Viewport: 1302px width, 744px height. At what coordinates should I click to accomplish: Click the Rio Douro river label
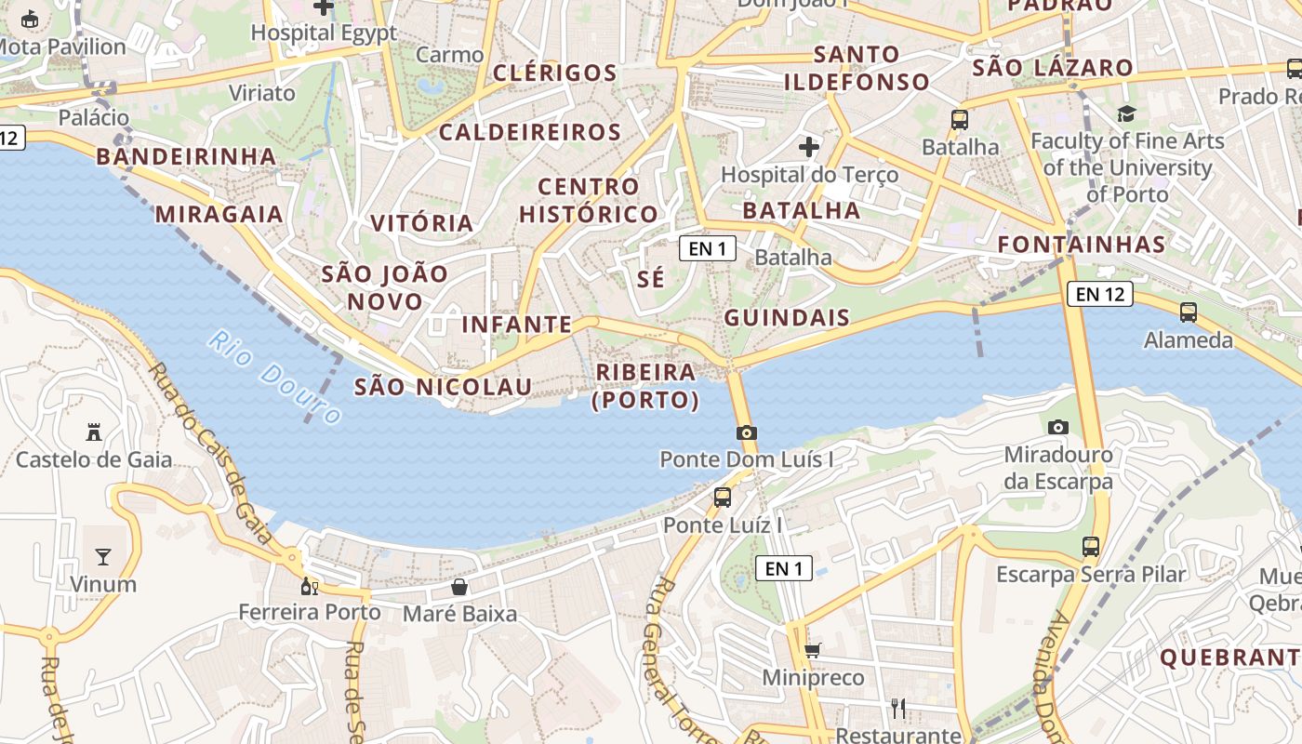(x=275, y=378)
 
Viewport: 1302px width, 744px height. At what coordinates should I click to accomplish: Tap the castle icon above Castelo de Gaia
(x=94, y=432)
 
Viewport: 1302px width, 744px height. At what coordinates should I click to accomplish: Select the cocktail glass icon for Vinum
(x=103, y=557)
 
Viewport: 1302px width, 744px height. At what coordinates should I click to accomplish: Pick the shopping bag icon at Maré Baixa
(x=459, y=587)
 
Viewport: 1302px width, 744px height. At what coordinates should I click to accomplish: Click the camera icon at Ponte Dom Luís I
(x=746, y=432)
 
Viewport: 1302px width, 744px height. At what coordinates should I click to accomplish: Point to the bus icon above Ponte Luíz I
(x=723, y=498)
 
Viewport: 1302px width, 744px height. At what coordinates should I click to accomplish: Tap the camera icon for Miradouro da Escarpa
(x=1058, y=428)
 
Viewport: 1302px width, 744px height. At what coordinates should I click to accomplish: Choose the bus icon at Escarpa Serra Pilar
(x=1091, y=547)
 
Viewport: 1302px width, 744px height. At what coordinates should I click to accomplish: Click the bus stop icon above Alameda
(x=1189, y=312)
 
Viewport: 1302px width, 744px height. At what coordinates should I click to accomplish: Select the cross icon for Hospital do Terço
(x=809, y=147)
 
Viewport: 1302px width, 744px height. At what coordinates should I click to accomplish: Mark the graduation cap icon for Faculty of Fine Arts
(x=1127, y=114)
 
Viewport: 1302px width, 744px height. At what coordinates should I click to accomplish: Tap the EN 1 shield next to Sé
(x=708, y=248)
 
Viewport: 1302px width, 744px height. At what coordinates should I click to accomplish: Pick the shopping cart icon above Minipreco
(x=813, y=650)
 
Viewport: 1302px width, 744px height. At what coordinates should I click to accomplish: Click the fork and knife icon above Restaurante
(x=898, y=709)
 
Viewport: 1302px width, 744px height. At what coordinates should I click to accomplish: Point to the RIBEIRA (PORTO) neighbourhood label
(x=645, y=386)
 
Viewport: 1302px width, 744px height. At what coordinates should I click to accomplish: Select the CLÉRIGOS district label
(x=555, y=73)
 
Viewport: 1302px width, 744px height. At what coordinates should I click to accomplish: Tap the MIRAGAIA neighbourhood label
(x=219, y=215)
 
